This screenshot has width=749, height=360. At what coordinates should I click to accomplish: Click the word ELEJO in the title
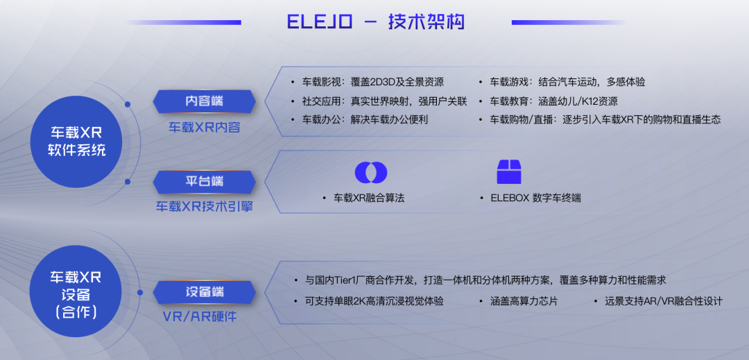pos(320,22)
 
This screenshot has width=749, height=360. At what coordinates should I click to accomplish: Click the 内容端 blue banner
pos(204,101)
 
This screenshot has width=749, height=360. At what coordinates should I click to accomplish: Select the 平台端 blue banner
pos(204,182)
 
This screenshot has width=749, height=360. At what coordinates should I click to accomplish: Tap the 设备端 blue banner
pos(204,292)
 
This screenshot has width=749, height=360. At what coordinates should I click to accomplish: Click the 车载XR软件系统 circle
pos(76,142)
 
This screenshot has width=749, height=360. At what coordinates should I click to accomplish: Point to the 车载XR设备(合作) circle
pos(76,291)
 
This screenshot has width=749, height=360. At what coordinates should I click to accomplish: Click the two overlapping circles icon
pos(370,172)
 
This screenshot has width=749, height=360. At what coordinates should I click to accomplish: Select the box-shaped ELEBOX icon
pos(509,172)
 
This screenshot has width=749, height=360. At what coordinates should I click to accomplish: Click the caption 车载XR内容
pos(204,128)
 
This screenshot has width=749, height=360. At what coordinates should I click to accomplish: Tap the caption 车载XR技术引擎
pos(204,207)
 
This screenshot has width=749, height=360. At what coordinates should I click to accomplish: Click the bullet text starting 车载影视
pos(372,82)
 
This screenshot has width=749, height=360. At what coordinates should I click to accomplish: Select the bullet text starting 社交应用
pos(384,101)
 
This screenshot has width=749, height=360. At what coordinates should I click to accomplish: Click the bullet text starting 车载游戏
pos(567,82)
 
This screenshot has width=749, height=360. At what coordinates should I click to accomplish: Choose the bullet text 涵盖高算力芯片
pos(524,302)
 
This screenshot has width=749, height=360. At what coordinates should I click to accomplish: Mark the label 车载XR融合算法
pos(369,198)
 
